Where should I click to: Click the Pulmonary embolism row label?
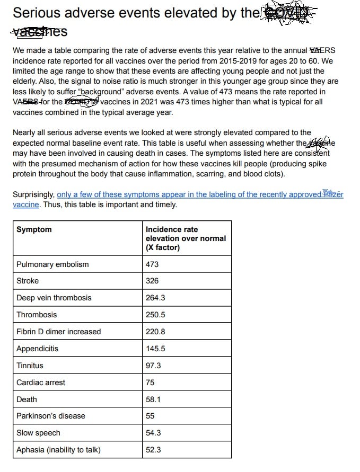click(52, 264)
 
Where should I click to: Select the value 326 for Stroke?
click(152, 281)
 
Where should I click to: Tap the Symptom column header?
click(34, 229)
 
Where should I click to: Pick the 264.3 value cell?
click(155, 298)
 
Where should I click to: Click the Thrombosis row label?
click(37, 315)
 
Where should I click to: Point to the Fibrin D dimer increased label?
click(58, 332)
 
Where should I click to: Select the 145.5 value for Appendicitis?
click(155, 349)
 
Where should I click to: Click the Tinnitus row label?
click(30, 366)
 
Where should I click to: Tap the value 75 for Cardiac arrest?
click(150, 382)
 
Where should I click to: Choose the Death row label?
click(27, 399)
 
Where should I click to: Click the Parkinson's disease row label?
click(51, 416)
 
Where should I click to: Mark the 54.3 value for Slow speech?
click(153, 433)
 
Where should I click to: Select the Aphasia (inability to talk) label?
click(58, 450)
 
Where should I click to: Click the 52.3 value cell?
click(153, 450)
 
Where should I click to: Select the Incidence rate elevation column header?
click(186, 238)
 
